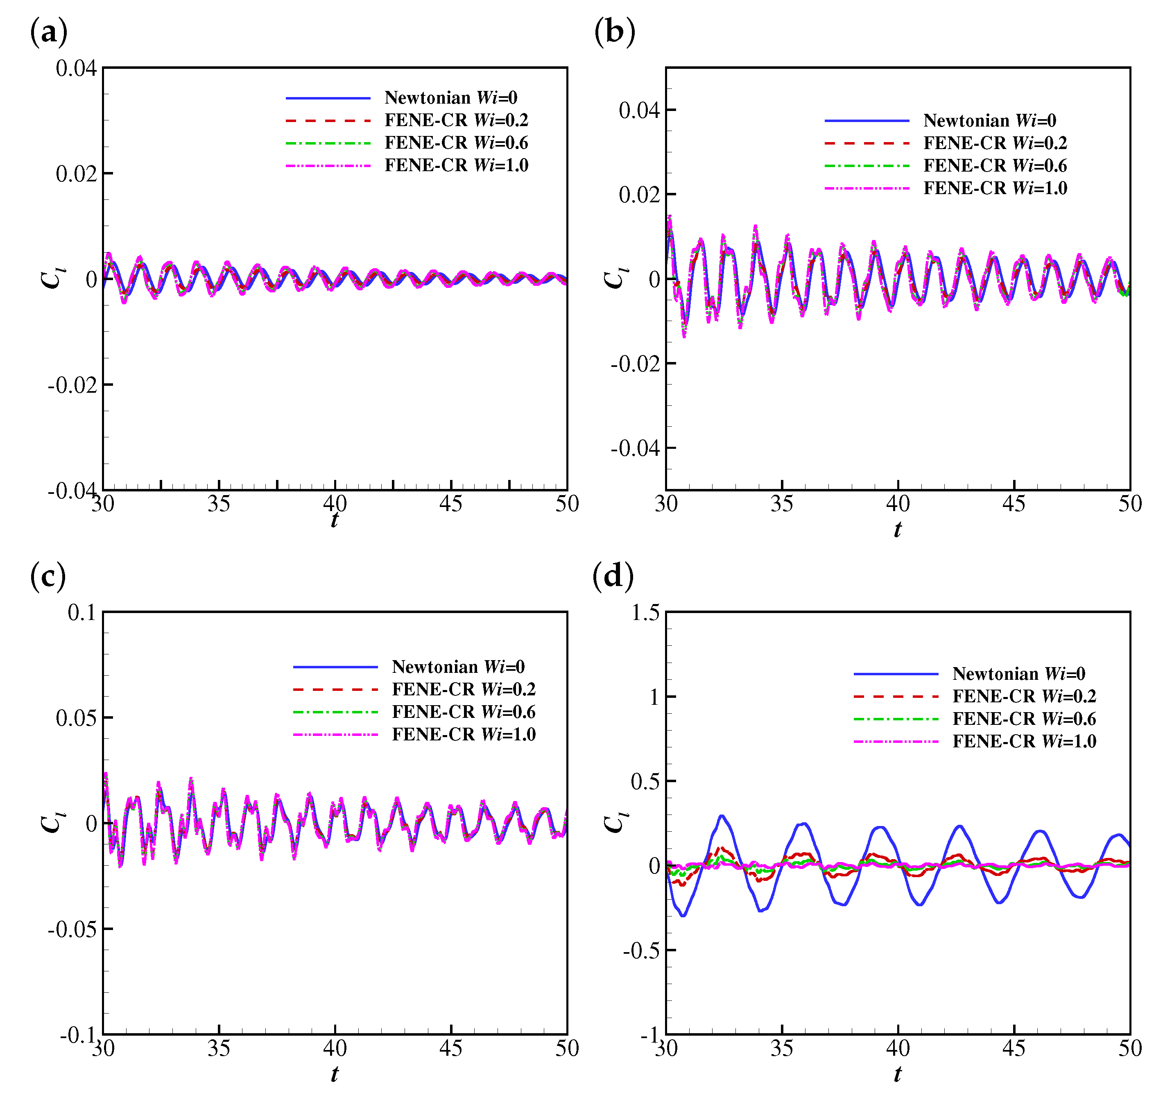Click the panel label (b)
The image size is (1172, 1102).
point(614,31)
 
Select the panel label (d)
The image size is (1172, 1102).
point(613,575)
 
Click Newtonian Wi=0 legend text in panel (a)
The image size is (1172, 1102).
point(450,97)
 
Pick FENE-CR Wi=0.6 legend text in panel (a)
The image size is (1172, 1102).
point(456,143)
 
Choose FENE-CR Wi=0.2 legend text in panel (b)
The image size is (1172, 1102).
point(995,143)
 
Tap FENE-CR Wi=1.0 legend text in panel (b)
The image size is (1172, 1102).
point(995,188)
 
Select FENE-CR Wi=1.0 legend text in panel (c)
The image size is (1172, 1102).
point(464,735)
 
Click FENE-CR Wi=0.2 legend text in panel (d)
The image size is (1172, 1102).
point(1024,696)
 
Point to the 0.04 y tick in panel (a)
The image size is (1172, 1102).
point(75,68)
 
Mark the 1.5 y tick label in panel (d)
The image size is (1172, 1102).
point(645,613)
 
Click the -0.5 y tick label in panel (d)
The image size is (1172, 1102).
point(641,950)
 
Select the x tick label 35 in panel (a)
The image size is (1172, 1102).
point(219,504)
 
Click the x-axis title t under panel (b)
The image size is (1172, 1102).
point(897,529)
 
